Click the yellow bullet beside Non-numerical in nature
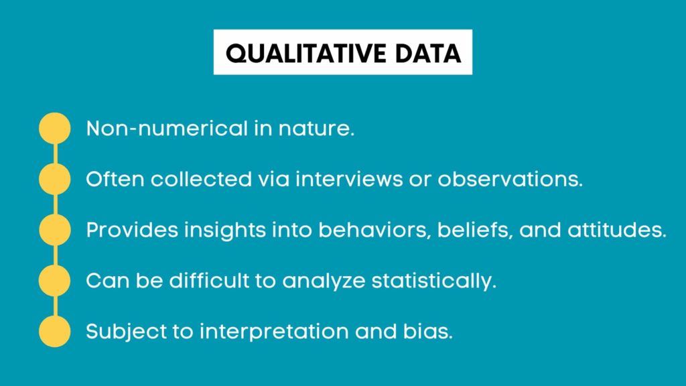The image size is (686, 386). tap(54, 128)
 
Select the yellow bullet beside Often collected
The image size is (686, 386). tap(54, 179)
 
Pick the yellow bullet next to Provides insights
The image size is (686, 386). tap(54, 230)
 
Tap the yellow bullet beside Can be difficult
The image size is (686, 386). tap(54, 281)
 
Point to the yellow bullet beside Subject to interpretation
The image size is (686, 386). tap(54, 332)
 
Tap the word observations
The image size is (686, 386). tap(510, 179)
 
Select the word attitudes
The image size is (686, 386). tap(612, 230)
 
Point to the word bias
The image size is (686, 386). tap(431, 332)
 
